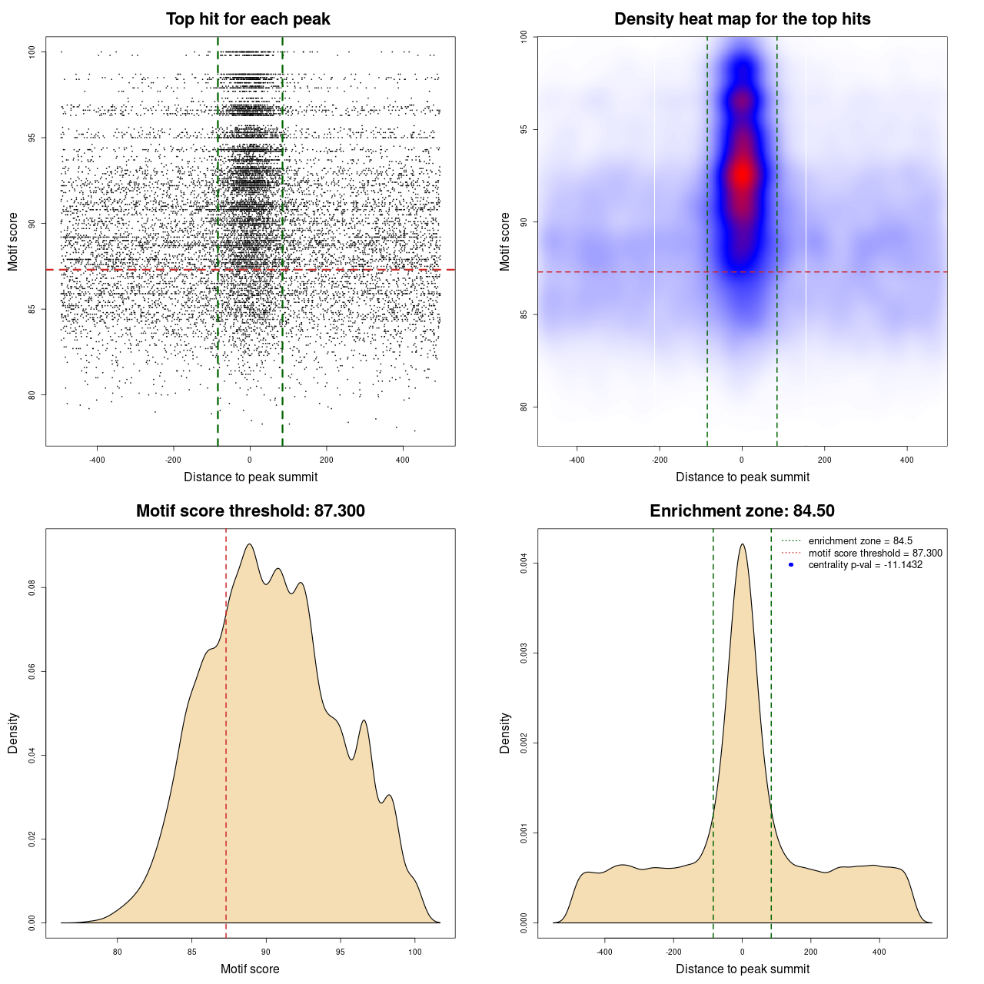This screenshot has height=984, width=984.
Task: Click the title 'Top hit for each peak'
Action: [248, 19]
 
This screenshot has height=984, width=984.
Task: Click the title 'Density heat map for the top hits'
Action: [742, 19]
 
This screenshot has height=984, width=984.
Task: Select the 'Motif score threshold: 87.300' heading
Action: [250, 511]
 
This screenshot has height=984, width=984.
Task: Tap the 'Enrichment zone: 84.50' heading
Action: [742, 511]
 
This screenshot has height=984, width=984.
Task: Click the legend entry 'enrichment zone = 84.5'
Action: [860, 541]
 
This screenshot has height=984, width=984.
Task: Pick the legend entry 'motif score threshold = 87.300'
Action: [875, 553]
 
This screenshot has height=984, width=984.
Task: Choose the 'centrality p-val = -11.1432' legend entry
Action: [865, 565]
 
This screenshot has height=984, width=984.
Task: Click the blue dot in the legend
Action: [791, 565]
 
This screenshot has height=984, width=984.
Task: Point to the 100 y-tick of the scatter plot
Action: [32, 52]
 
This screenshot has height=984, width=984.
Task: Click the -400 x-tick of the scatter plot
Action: [97, 460]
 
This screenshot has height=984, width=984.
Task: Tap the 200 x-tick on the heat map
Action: [825, 460]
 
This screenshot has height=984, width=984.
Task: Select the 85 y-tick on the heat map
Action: [524, 314]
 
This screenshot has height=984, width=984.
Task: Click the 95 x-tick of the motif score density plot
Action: [341, 952]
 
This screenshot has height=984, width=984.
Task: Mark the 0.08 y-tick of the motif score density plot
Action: [32, 588]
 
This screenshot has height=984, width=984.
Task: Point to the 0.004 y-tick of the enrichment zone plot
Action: [524, 564]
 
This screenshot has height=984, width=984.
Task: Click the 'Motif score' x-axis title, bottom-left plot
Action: [250, 969]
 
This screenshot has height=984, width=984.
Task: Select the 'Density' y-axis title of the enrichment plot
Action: [505, 733]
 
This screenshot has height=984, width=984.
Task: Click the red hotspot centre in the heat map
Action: [742, 175]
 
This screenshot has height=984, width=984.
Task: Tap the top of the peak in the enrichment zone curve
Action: [742, 544]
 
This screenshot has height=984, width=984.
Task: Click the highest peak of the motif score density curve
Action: [249, 544]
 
